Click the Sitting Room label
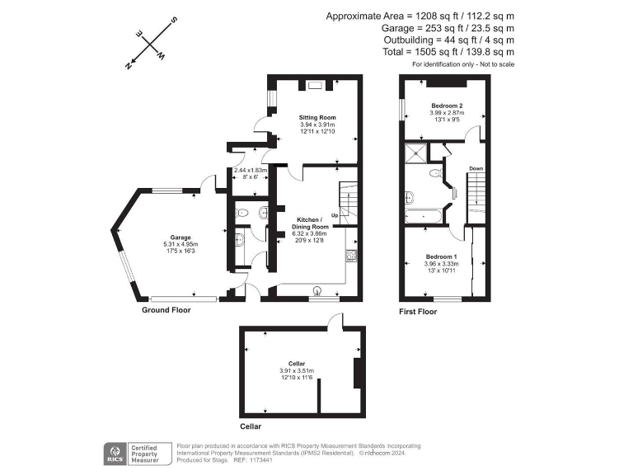(x=316, y=118)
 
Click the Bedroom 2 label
(x=446, y=106)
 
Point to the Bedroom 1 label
(x=440, y=256)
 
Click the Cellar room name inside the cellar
(x=297, y=364)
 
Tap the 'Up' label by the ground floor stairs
(x=335, y=216)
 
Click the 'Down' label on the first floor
(x=476, y=169)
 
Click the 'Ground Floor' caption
(x=167, y=311)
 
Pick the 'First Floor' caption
(x=418, y=312)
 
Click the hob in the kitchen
(x=351, y=256)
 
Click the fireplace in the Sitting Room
(x=315, y=83)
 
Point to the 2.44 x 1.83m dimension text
(x=251, y=170)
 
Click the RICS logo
(x=115, y=453)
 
